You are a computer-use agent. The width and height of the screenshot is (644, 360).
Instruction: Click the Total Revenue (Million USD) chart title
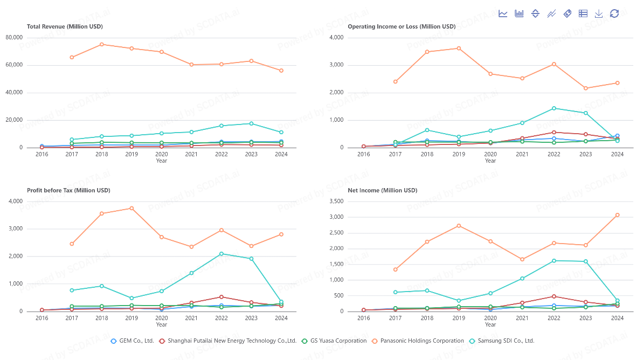point(65,26)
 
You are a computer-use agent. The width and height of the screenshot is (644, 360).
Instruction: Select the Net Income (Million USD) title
point(382,190)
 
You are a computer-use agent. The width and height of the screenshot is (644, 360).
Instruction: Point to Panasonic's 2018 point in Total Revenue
point(102,44)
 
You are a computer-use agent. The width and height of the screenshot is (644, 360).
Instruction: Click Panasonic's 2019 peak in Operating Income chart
point(459,48)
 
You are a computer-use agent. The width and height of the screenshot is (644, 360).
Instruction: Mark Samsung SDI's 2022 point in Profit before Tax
point(221,254)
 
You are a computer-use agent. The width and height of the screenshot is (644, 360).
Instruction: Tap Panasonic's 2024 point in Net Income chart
point(617,215)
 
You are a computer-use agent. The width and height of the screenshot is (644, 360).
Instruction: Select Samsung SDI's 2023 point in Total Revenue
point(251,123)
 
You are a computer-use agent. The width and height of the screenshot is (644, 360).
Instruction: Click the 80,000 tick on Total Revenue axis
point(14,38)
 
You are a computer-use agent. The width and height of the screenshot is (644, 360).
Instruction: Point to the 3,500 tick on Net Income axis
point(336,202)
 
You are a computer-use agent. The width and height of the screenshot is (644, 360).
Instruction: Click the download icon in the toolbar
point(599,13)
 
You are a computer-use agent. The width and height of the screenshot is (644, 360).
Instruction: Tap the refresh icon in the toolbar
point(614,13)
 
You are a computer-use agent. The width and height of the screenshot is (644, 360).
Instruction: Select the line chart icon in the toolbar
point(503,13)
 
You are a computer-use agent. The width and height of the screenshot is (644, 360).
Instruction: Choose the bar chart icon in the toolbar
point(520,13)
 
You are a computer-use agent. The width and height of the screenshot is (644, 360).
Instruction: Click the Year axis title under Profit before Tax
point(162,324)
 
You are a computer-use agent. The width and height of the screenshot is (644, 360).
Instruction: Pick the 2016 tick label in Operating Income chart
point(364,154)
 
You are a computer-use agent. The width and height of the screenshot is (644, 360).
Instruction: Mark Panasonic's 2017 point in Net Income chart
point(395,269)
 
